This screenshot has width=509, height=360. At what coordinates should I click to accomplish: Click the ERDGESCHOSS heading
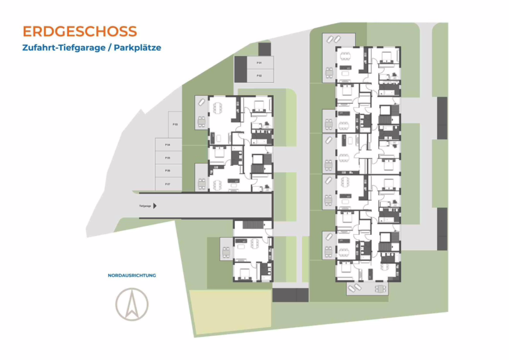click(80, 31)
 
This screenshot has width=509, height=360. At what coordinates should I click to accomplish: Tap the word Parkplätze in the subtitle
click(137, 48)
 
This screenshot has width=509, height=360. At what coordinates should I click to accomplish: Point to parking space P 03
click(169, 125)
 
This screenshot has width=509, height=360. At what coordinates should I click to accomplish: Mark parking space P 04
click(169, 145)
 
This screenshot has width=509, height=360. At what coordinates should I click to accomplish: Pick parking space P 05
click(169, 158)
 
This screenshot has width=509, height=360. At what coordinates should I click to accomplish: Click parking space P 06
click(169, 171)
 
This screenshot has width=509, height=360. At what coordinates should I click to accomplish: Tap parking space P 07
click(169, 184)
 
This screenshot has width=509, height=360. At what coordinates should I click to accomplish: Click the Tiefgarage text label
click(145, 207)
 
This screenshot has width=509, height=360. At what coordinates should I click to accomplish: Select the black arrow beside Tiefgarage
click(156, 207)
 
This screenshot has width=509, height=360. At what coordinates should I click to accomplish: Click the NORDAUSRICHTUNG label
click(132, 276)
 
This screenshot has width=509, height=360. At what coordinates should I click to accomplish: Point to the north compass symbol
click(132, 305)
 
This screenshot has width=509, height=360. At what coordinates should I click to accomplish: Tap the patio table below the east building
click(380, 289)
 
